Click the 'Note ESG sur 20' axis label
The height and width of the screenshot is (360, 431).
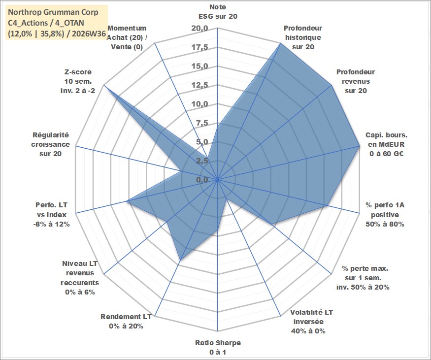point(218,11)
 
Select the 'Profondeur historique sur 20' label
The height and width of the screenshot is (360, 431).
point(303,37)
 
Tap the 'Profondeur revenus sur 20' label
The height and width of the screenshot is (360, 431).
point(356,81)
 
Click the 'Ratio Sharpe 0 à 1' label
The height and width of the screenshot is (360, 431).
point(218,347)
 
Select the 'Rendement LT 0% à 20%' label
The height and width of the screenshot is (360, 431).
point(126,322)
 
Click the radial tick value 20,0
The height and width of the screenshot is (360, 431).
point(199,29)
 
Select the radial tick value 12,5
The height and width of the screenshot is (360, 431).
point(199,86)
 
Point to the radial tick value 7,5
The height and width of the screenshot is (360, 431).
point(202,124)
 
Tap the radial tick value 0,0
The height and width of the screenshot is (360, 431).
point(202,180)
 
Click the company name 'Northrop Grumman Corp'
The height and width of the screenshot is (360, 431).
point(53,12)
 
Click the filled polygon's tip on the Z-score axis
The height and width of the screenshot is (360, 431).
point(103,85)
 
